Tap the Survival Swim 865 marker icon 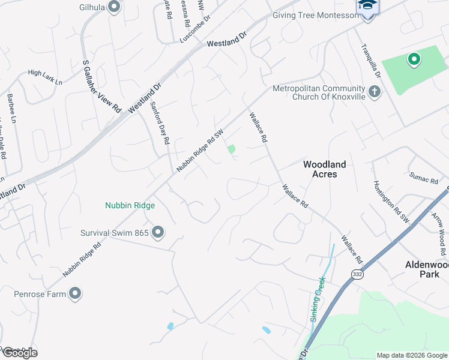tap(158, 232)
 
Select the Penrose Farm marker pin tap(75, 293)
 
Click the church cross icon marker tap(375, 92)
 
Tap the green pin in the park tap(413, 59)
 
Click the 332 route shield tap(357, 274)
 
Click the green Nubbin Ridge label tap(130, 206)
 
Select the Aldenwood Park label tap(427, 269)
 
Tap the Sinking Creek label tap(318, 299)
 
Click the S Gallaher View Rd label tap(101, 86)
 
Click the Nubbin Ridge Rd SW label tap(200, 151)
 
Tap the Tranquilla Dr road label tap(370, 62)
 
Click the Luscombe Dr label tap(196, 29)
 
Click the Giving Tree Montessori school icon tap(367, 7)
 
